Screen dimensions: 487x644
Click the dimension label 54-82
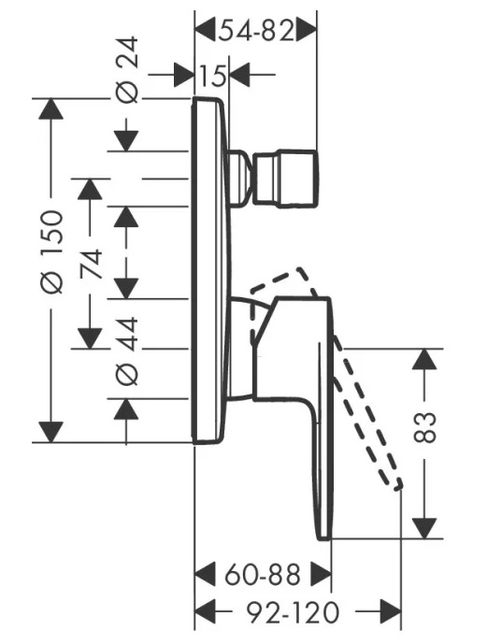click(x=257, y=31)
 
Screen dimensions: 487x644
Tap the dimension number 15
click(x=212, y=76)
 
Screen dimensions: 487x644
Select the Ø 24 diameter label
click(x=127, y=69)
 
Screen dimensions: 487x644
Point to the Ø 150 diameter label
click(x=52, y=251)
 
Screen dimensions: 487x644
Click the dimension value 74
click(x=92, y=265)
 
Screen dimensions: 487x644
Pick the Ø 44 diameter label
click(x=127, y=351)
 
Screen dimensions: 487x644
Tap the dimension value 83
click(x=424, y=427)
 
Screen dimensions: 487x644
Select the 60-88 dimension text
click(x=263, y=575)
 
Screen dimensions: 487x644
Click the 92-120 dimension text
click(x=293, y=612)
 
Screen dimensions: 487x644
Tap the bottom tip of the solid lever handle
click(x=323, y=538)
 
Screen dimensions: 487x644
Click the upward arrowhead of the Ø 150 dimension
click(x=50, y=108)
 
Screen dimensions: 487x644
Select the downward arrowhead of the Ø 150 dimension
click(x=50, y=432)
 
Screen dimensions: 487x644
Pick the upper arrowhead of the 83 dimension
click(x=424, y=359)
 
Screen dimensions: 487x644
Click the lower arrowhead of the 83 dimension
click(x=424, y=528)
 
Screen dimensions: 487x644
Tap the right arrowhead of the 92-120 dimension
click(x=391, y=612)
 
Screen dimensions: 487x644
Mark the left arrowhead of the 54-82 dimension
click(x=205, y=31)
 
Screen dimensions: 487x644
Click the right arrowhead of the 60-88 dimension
click(x=321, y=575)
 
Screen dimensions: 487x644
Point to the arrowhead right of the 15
click(x=239, y=75)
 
